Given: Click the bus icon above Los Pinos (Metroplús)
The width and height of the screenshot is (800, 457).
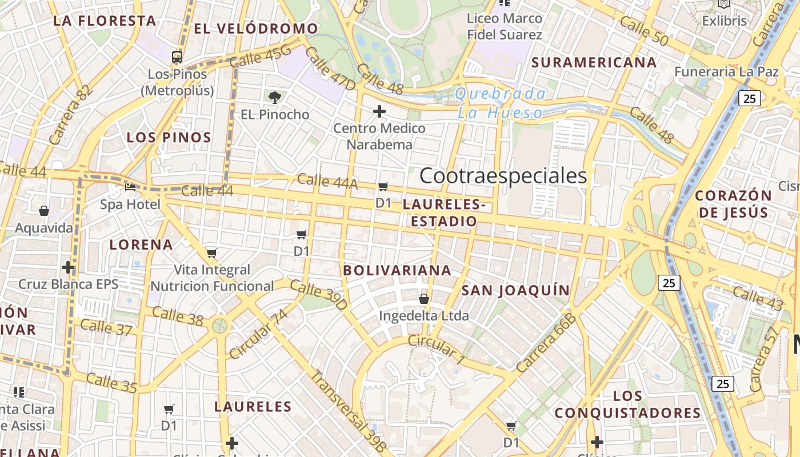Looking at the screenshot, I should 177,57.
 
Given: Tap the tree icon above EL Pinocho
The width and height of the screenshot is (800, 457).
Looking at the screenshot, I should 275,97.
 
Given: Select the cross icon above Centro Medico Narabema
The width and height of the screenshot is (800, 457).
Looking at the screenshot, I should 379,111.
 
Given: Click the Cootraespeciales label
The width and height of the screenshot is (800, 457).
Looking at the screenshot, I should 503,176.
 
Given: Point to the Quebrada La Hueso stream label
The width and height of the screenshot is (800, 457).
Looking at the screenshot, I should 501,103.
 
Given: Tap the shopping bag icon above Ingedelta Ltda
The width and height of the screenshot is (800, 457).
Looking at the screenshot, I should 424,299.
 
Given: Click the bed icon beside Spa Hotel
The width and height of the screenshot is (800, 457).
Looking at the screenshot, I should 131,187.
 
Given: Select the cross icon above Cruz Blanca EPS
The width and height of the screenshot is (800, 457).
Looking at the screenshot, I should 68,267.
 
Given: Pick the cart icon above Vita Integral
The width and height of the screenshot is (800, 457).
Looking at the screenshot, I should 212,253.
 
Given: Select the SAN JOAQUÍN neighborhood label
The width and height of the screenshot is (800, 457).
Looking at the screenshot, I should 515,290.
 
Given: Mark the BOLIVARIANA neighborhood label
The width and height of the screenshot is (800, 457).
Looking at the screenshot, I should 397,270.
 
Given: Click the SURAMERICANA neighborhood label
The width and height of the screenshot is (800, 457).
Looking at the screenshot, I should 594,62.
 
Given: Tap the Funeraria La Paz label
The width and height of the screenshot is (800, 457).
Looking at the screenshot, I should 726,72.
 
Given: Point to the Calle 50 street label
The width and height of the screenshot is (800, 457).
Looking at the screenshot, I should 644,31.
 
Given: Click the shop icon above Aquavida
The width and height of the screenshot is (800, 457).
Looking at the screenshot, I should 44,211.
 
